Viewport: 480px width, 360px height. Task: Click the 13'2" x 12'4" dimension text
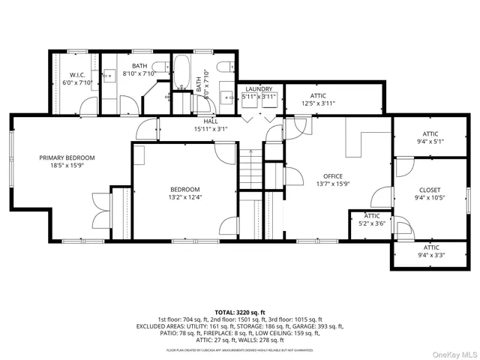pyautogui.click(x=184, y=197)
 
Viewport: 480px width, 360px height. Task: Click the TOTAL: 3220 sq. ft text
pyautogui.click(x=239, y=311)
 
